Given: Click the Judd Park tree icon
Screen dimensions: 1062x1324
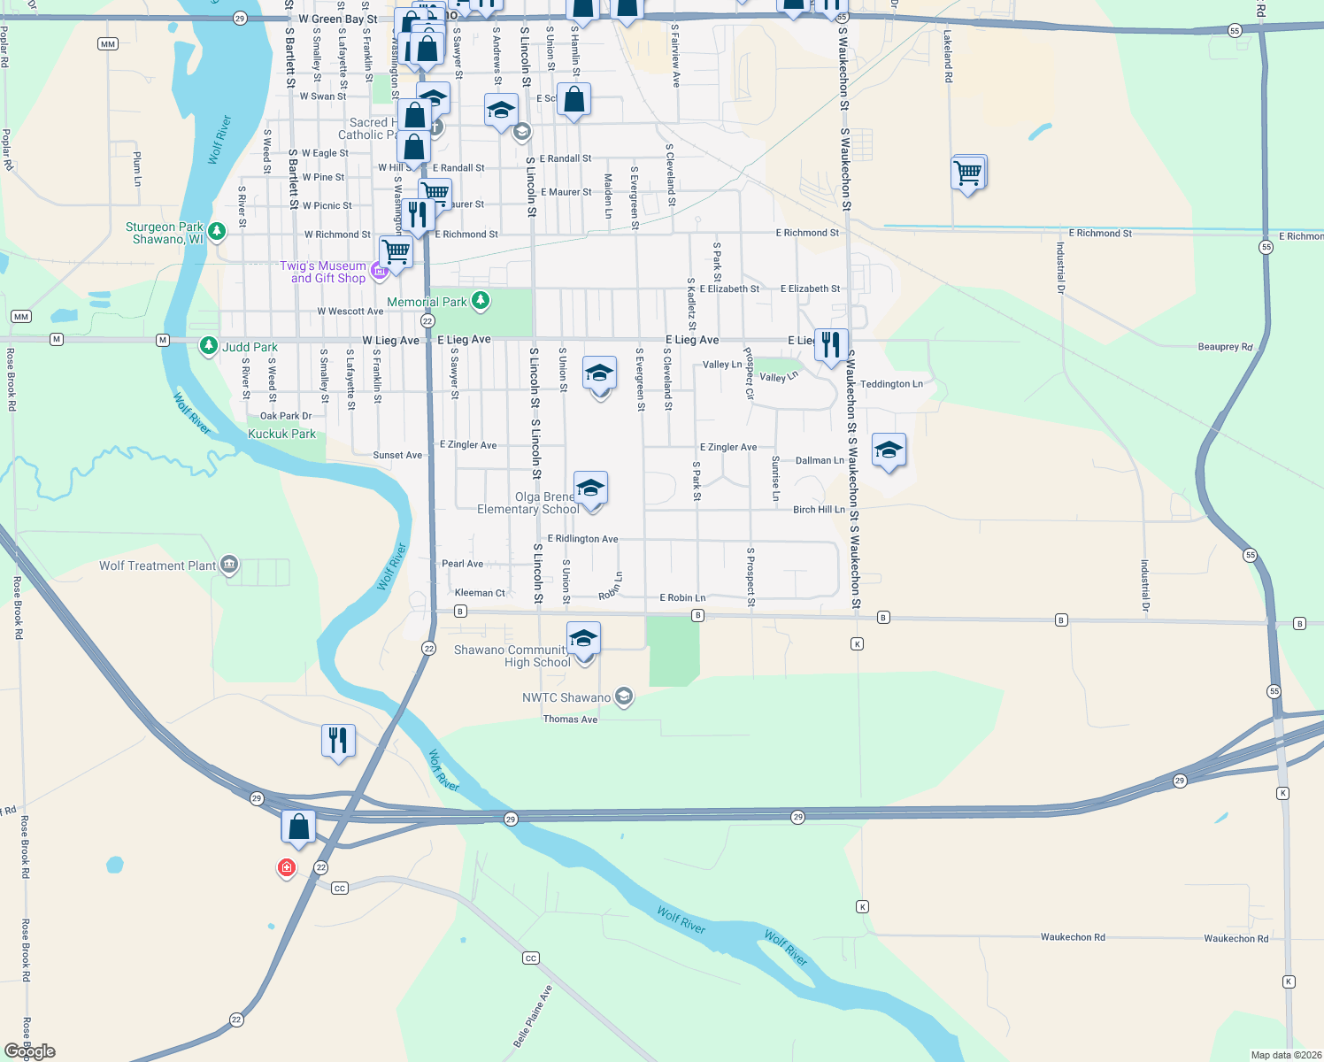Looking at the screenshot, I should (208, 346).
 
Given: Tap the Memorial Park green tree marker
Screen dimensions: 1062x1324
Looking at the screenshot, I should (481, 302).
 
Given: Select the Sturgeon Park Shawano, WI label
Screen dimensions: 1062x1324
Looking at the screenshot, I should (165, 234).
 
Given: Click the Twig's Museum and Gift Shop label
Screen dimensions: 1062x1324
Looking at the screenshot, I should (323, 272).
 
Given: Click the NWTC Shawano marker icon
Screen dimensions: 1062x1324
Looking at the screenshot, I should (624, 697).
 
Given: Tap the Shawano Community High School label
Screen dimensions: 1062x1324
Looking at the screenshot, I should (512, 656).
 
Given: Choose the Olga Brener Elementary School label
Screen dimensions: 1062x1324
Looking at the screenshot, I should (528, 503).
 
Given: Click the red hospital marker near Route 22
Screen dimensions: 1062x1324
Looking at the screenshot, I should (286, 867).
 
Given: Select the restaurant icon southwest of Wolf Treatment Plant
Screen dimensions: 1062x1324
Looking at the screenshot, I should (338, 740).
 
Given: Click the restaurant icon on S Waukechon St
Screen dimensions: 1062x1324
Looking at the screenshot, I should (831, 344).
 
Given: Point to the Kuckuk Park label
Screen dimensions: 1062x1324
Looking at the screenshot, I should (281, 434).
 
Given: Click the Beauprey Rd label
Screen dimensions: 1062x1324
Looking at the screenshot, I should (1225, 347).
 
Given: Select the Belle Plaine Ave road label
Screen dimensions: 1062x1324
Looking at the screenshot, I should (533, 1016).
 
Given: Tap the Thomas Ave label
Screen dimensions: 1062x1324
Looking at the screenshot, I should (570, 720).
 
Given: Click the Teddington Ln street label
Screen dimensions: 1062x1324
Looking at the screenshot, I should (891, 384).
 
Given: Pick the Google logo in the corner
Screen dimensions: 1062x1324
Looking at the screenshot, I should (30, 1051).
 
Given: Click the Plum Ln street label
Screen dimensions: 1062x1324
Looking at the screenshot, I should (137, 168).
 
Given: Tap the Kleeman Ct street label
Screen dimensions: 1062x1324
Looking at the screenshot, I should (479, 593).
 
